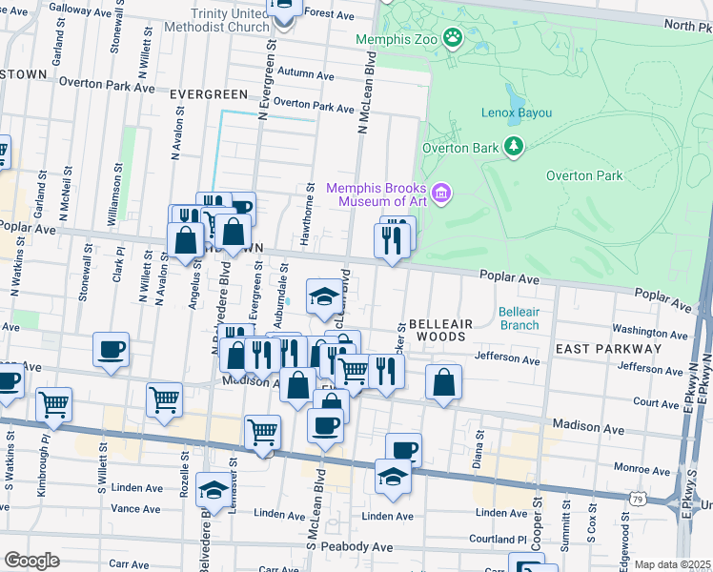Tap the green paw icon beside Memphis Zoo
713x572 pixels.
(x=453, y=39)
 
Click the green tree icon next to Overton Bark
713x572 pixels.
(x=515, y=146)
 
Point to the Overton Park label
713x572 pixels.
(x=584, y=175)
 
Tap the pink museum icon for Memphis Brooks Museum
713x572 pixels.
(x=440, y=194)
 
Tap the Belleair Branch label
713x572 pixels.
(x=519, y=318)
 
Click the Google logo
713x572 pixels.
(x=31, y=561)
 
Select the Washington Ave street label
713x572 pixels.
(x=652, y=333)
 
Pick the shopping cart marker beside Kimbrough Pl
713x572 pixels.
(x=53, y=403)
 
